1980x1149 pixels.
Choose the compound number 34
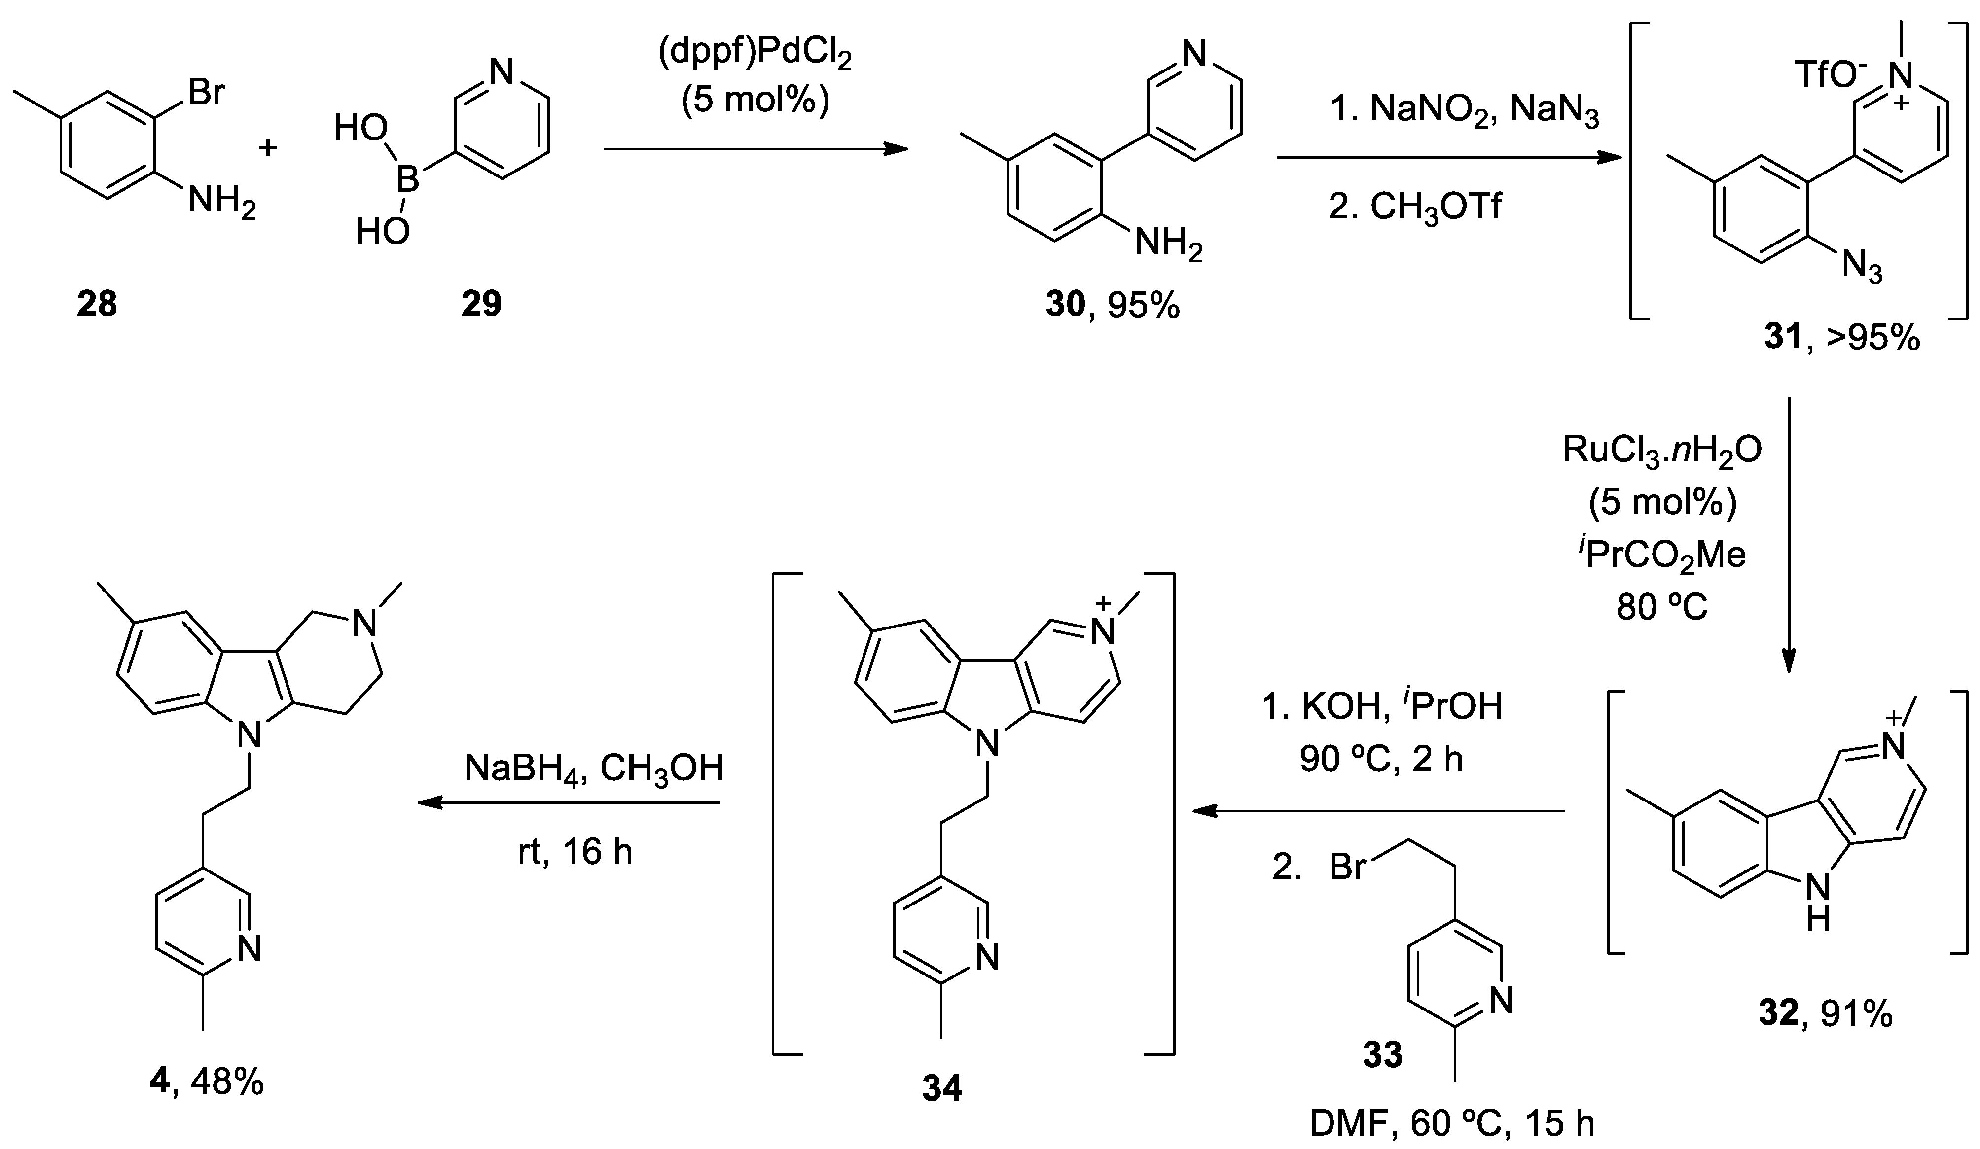pyautogui.click(x=941, y=1088)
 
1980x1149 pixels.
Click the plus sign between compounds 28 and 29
pyautogui.click(x=269, y=147)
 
